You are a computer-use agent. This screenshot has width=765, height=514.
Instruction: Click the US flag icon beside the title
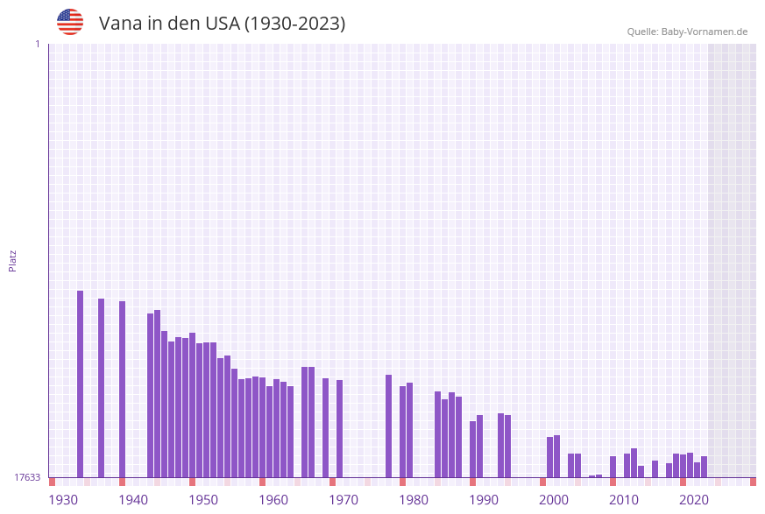pyautogui.click(x=70, y=22)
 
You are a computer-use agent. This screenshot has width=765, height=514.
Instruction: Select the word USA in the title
pyautogui.click(x=222, y=24)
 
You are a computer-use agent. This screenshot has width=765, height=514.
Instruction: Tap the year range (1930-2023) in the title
pyautogui.click(x=295, y=24)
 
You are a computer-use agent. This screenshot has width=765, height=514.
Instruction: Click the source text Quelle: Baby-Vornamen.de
pyautogui.click(x=687, y=32)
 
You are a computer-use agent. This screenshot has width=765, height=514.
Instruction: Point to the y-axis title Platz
pyautogui.click(x=13, y=260)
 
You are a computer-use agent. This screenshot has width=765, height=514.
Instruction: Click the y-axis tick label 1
pyautogui.click(x=37, y=44)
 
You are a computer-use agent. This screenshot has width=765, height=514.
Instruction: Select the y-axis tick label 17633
pyautogui.click(x=27, y=477)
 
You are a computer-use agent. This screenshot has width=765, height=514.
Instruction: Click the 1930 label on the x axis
pyautogui.click(x=63, y=500)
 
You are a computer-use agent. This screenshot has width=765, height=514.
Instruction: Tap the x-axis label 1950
pyautogui.click(x=203, y=500)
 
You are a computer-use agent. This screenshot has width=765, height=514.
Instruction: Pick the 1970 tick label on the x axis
pyautogui.click(x=344, y=500)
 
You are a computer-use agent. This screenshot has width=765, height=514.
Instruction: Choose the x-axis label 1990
pyautogui.click(x=484, y=500)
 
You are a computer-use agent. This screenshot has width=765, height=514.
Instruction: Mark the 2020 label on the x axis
pyautogui.click(x=694, y=500)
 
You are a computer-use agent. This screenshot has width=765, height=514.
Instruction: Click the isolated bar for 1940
pyautogui.click(x=122, y=389)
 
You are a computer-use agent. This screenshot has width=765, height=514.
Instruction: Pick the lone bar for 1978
pyautogui.click(x=388, y=426)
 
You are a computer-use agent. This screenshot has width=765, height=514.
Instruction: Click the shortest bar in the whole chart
pyautogui.click(x=591, y=476)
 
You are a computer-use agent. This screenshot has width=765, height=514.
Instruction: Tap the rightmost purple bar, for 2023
pyautogui.click(x=704, y=467)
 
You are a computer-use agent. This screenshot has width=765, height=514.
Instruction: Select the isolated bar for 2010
pyautogui.click(x=613, y=467)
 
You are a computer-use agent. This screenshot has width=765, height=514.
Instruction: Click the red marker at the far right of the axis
pyautogui.click(x=753, y=482)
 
